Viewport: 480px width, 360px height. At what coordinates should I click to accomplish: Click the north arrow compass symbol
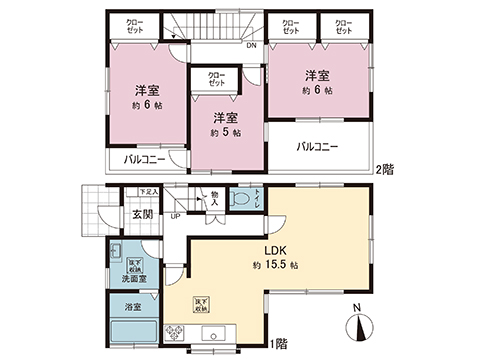360,328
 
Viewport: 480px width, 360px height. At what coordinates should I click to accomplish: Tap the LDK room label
276,251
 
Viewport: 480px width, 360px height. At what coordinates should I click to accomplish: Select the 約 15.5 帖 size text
275,266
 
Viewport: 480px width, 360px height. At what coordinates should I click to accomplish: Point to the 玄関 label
141,215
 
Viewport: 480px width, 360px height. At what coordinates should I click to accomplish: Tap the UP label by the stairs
176,215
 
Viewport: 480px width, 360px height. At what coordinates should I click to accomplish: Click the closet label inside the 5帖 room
217,78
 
